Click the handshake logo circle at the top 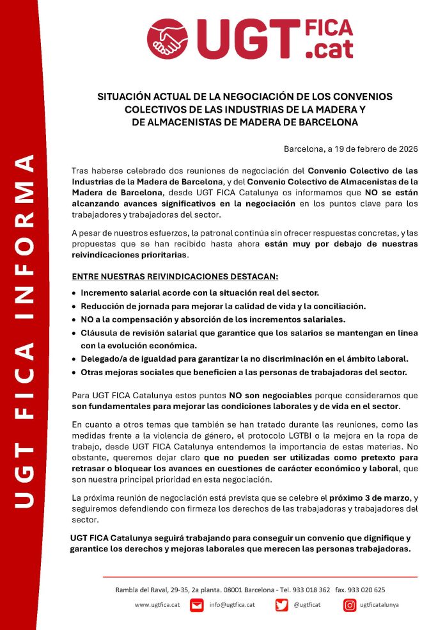click(x=168, y=38)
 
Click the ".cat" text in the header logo click(x=330, y=48)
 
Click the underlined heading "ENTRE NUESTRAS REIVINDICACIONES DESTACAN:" click(x=175, y=276)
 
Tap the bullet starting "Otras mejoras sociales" click(x=244, y=372)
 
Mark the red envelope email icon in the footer click(x=197, y=604)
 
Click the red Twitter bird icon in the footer click(x=282, y=604)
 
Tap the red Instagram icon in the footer click(x=350, y=604)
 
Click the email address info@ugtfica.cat click(x=232, y=604)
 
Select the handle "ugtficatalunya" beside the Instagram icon click(x=379, y=604)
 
